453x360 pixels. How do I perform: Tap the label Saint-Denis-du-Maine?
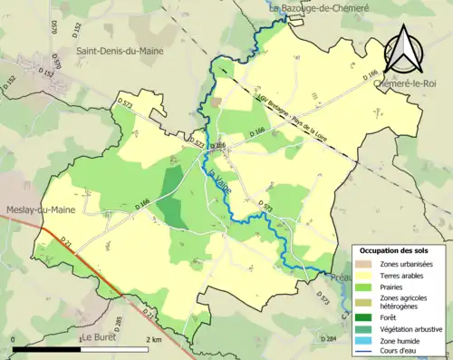(120, 52)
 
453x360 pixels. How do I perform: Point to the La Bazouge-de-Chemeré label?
(319, 8)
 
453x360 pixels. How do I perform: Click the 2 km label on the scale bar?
(153, 339)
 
